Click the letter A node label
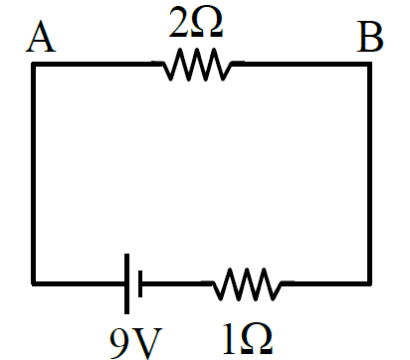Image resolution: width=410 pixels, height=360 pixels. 41,37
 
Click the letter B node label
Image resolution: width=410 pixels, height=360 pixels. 370,37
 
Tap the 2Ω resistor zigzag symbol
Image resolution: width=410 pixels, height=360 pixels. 198,65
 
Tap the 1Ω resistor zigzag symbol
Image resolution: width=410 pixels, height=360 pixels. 248,284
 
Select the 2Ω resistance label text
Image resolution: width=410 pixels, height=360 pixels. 196,22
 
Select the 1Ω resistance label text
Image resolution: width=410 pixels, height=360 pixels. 248,338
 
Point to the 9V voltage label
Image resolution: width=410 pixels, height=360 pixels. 136,344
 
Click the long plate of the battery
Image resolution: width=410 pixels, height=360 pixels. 126,283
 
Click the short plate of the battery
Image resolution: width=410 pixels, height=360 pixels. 140,283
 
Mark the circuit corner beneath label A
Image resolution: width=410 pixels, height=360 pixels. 34,64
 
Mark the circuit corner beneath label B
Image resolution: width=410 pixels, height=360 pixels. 369,64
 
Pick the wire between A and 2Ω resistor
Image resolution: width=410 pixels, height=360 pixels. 93,64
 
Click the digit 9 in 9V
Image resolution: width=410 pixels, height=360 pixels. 120,343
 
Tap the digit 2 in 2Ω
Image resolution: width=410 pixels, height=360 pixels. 178,22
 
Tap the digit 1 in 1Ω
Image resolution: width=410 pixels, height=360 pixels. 230,338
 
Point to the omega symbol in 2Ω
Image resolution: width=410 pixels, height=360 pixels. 206,23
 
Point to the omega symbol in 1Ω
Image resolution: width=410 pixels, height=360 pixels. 257,338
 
